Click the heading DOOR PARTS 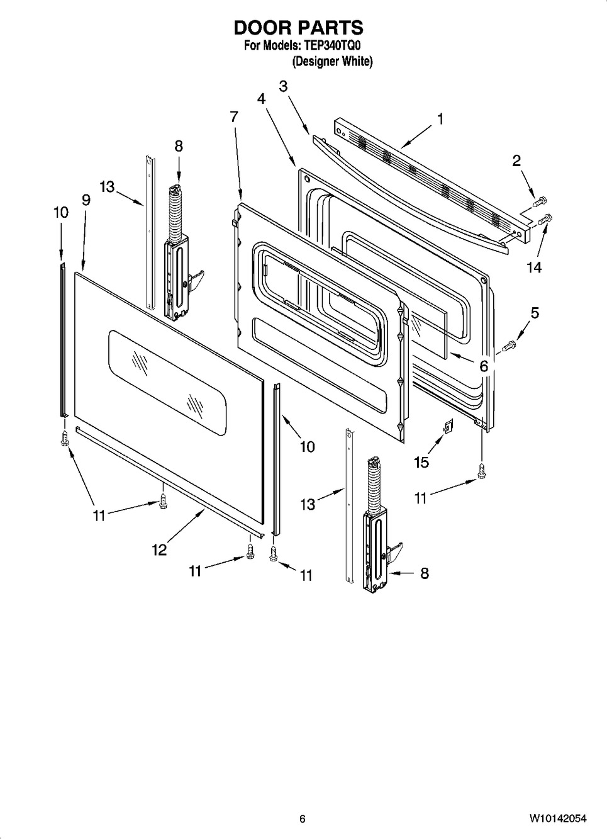click(298, 28)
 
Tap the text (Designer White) click(332, 61)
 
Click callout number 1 click(440, 119)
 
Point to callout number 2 click(516, 161)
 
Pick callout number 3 click(283, 86)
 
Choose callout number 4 click(261, 99)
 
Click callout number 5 click(535, 313)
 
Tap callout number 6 click(484, 366)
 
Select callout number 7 click(234, 117)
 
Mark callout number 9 click(86, 200)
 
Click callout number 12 click(159, 550)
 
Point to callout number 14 click(534, 267)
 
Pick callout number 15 click(421, 463)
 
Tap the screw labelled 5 click(509, 345)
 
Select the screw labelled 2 click(538, 201)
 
